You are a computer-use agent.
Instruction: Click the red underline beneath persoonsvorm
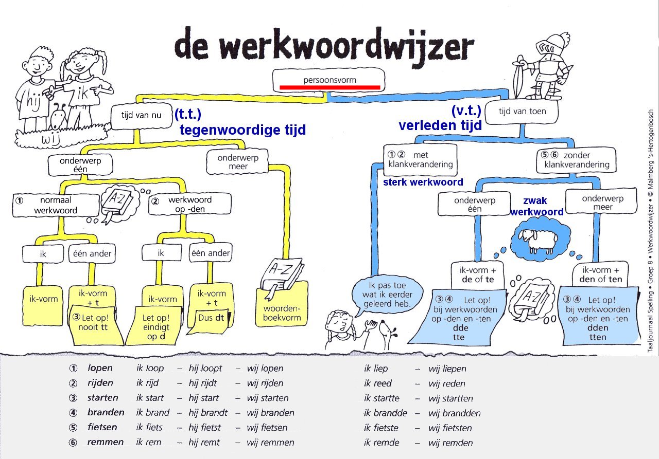pos(330,87)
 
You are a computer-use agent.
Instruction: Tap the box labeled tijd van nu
pos(142,116)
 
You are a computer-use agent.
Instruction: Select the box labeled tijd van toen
pos(522,112)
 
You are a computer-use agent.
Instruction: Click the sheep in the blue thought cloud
pos(538,240)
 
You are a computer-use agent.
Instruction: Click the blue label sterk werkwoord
pos(423,182)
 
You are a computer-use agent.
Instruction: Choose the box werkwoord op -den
pos(190,204)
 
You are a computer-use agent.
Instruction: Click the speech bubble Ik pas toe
pos(387,295)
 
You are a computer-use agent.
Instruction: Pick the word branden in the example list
pos(106,412)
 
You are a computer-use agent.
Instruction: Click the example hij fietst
pos(204,428)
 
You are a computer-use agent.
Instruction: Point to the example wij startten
pos(450,398)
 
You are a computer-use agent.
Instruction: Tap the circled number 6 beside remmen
pos(73,443)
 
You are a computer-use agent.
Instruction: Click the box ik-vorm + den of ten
pos(600,275)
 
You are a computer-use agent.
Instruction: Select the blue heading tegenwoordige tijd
pos(242,130)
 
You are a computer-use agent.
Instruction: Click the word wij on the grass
pos(51,138)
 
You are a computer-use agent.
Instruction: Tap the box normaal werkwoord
pos(56,205)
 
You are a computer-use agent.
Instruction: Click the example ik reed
pos(378,383)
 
